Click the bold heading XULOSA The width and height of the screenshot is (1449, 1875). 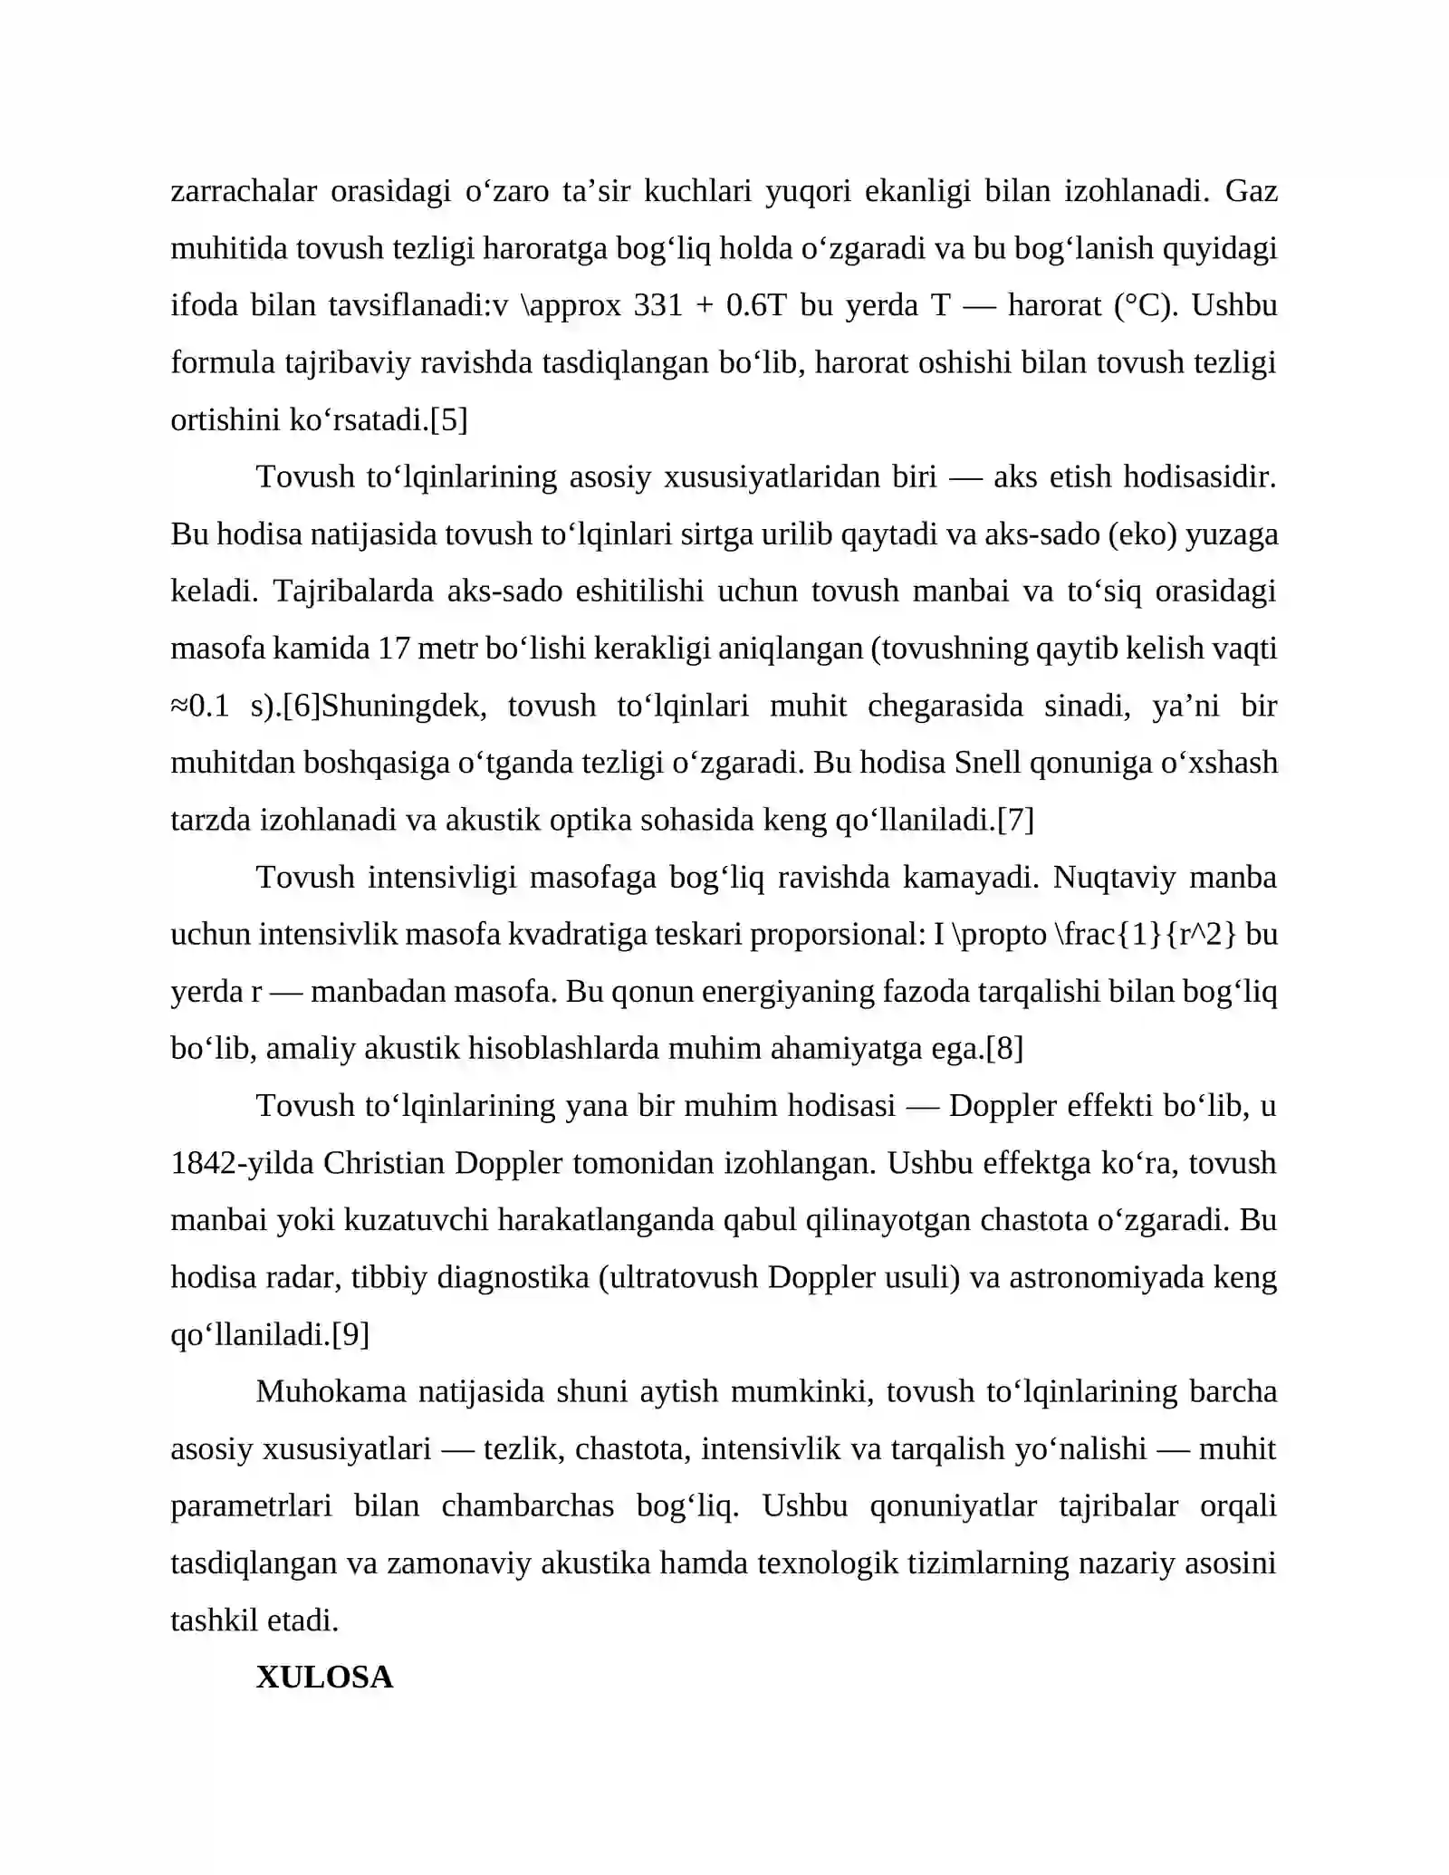[324, 1677]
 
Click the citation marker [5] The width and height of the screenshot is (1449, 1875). [448, 419]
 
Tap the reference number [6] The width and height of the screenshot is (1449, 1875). [302, 706]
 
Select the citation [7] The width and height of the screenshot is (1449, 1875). [1015, 820]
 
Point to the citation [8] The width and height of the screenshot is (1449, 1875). [1004, 1049]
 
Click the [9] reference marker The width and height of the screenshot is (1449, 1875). [350, 1334]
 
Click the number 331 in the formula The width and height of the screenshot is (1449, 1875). [658, 305]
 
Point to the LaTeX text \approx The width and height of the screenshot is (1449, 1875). [571, 305]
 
